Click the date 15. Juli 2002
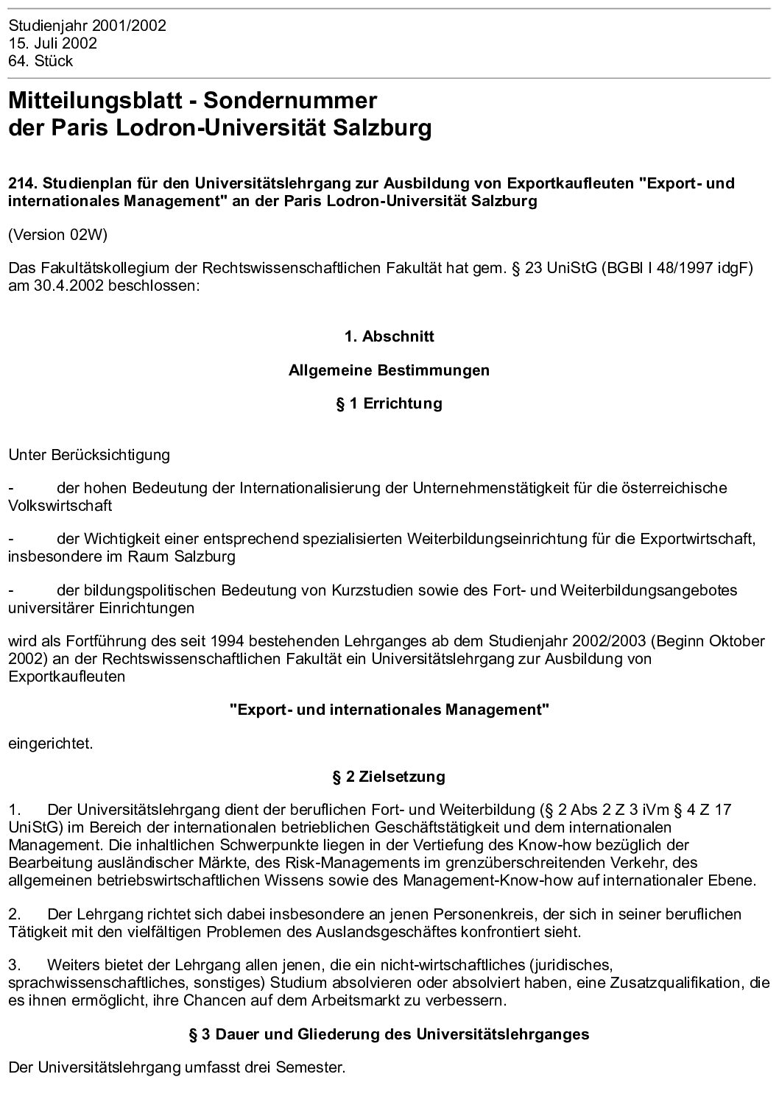52,43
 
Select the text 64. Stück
40,61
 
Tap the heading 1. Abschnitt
389,336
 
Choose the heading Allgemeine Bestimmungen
389,370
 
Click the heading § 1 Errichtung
389,403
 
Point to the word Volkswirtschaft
60,506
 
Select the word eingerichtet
51,743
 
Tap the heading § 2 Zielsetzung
389,777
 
